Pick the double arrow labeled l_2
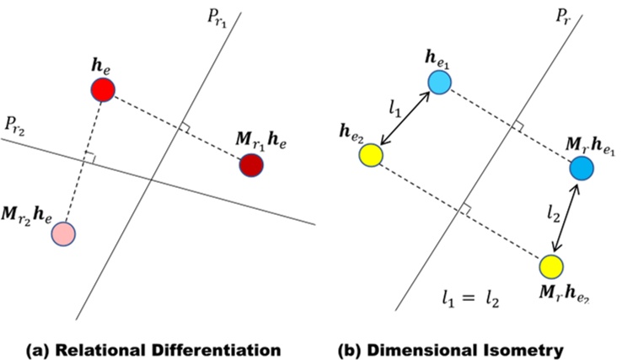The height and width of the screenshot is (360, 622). [x=566, y=217]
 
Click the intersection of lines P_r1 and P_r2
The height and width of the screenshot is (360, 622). [x=152, y=180]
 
